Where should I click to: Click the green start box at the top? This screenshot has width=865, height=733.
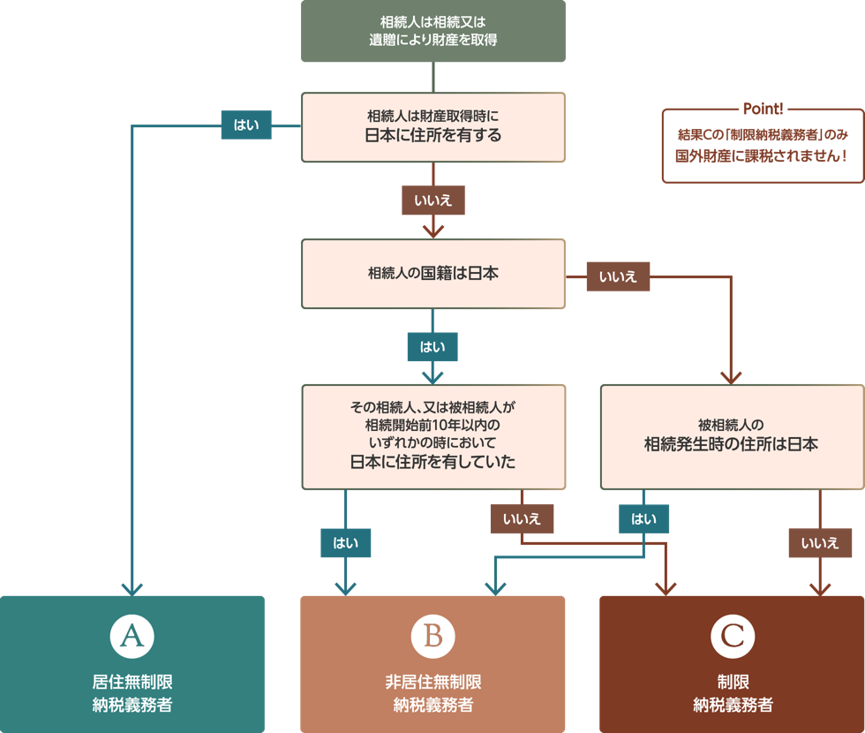[432, 31]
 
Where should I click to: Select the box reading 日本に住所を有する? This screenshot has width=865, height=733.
[432, 127]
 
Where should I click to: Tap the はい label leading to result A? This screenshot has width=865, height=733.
[246, 126]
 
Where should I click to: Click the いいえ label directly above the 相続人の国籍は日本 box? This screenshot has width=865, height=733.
[432, 200]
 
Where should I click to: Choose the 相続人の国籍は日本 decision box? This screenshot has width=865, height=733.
[432, 274]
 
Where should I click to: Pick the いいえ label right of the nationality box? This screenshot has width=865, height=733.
[618, 277]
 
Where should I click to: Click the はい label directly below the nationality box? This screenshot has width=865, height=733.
[432, 347]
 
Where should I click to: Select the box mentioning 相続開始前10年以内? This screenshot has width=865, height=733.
[432, 436]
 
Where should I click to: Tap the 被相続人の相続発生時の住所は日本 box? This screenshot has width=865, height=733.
[732, 436]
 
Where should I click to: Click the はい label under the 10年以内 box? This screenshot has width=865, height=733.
[345, 543]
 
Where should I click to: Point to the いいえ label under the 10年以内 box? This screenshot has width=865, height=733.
[522, 519]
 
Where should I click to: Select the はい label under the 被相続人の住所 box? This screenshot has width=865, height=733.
[643, 519]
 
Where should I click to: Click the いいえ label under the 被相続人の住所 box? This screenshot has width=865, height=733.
[820, 543]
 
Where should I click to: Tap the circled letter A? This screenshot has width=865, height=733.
[132, 636]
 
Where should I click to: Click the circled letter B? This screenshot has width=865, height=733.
[432, 636]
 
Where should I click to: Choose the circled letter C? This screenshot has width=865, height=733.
[732, 636]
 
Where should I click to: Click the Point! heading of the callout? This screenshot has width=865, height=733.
[763, 109]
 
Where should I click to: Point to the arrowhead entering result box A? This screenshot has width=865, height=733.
[132, 587]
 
